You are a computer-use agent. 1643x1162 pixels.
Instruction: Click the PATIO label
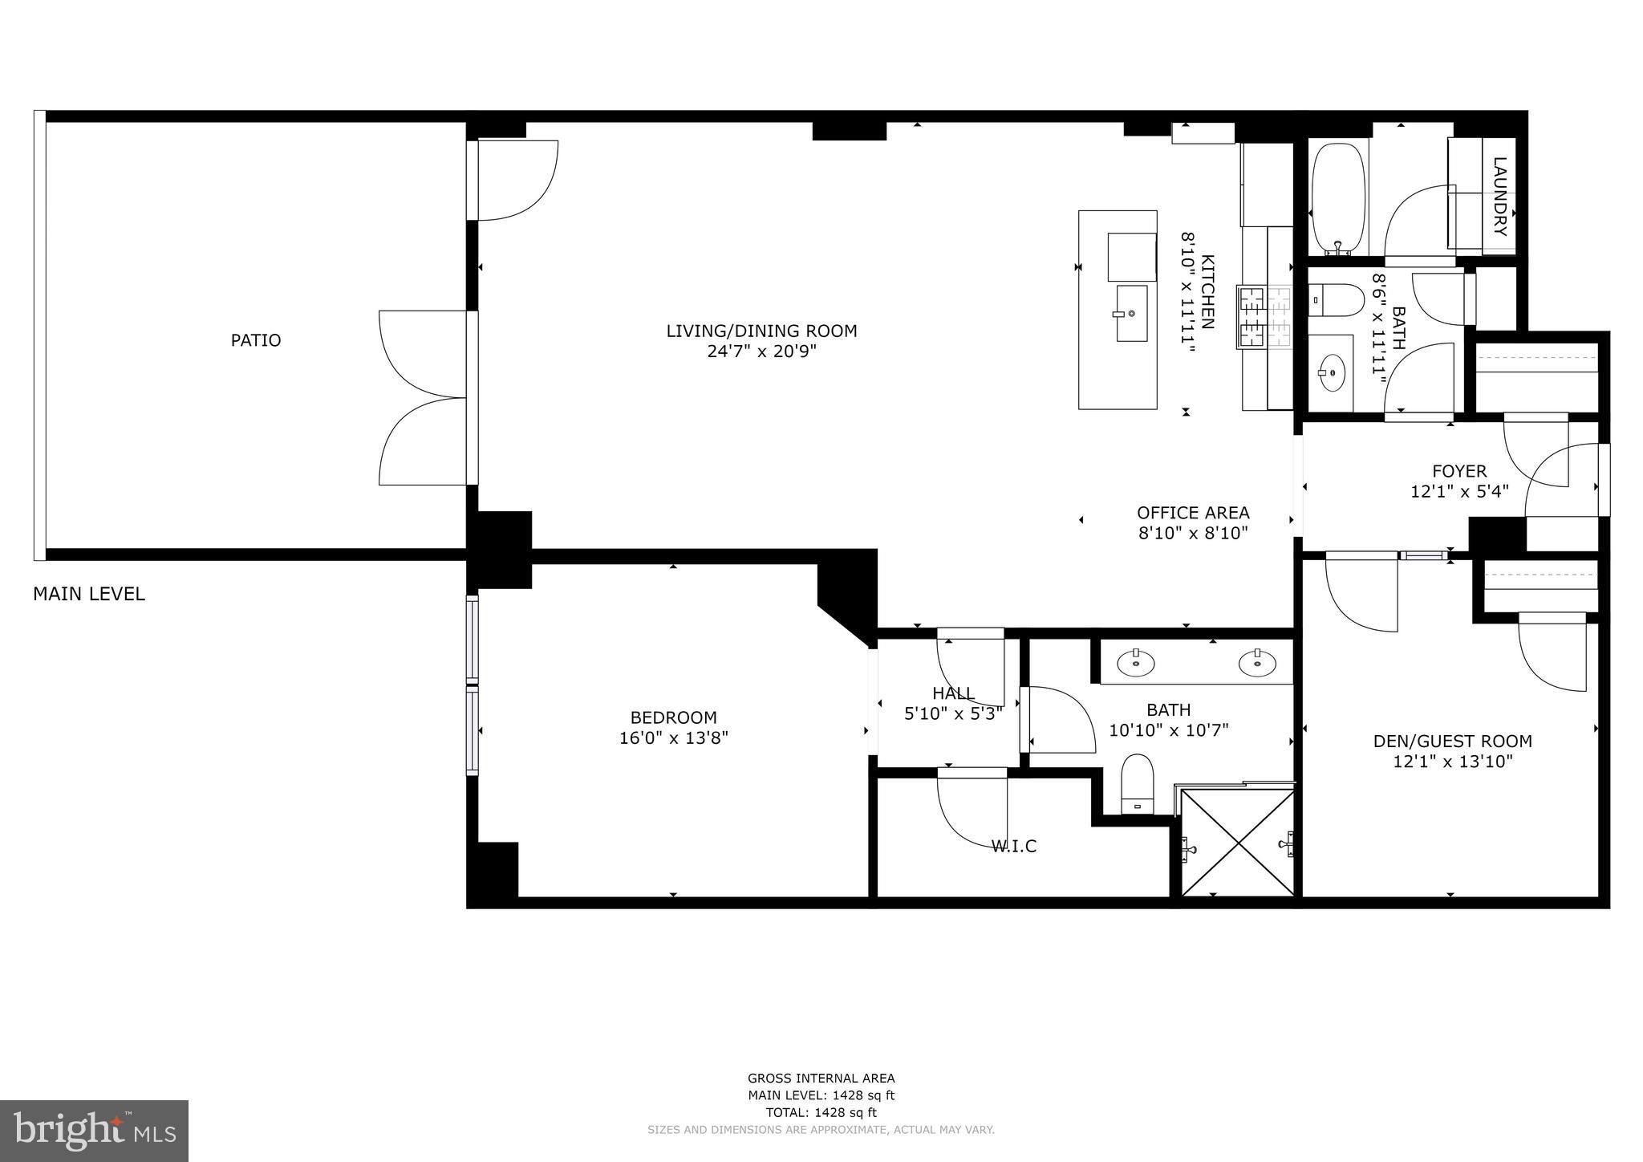click(x=256, y=340)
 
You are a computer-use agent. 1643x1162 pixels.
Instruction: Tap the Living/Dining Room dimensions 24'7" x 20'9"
click(x=761, y=351)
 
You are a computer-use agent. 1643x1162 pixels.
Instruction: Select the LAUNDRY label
click(x=1499, y=197)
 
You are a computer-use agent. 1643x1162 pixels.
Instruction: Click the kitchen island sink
click(x=1131, y=313)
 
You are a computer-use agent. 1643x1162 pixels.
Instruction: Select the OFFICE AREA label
click(x=1193, y=513)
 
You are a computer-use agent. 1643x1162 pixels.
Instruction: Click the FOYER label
click(x=1459, y=471)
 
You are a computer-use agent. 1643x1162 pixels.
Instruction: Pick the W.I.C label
click(x=1014, y=846)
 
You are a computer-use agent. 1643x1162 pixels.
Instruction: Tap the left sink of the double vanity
click(x=1136, y=663)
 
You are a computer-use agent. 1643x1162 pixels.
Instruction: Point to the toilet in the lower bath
click(x=1137, y=782)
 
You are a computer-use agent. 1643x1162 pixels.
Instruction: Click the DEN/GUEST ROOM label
click(x=1452, y=741)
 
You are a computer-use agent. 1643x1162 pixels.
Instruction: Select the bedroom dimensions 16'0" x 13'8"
click(x=673, y=737)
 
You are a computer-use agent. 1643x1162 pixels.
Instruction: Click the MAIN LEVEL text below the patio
click(x=89, y=594)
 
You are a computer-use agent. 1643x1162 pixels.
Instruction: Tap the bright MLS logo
click(x=94, y=1131)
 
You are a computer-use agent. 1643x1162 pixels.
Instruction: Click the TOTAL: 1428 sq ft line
click(x=821, y=1112)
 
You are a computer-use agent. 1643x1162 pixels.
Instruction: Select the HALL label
click(x=953, y=693)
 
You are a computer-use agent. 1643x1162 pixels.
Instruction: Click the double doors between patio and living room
click(x=424, y=398)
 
